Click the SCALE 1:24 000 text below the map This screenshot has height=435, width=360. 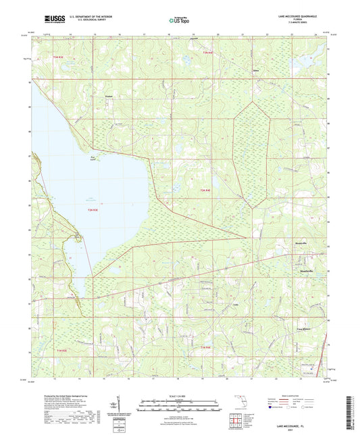(180, 395)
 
